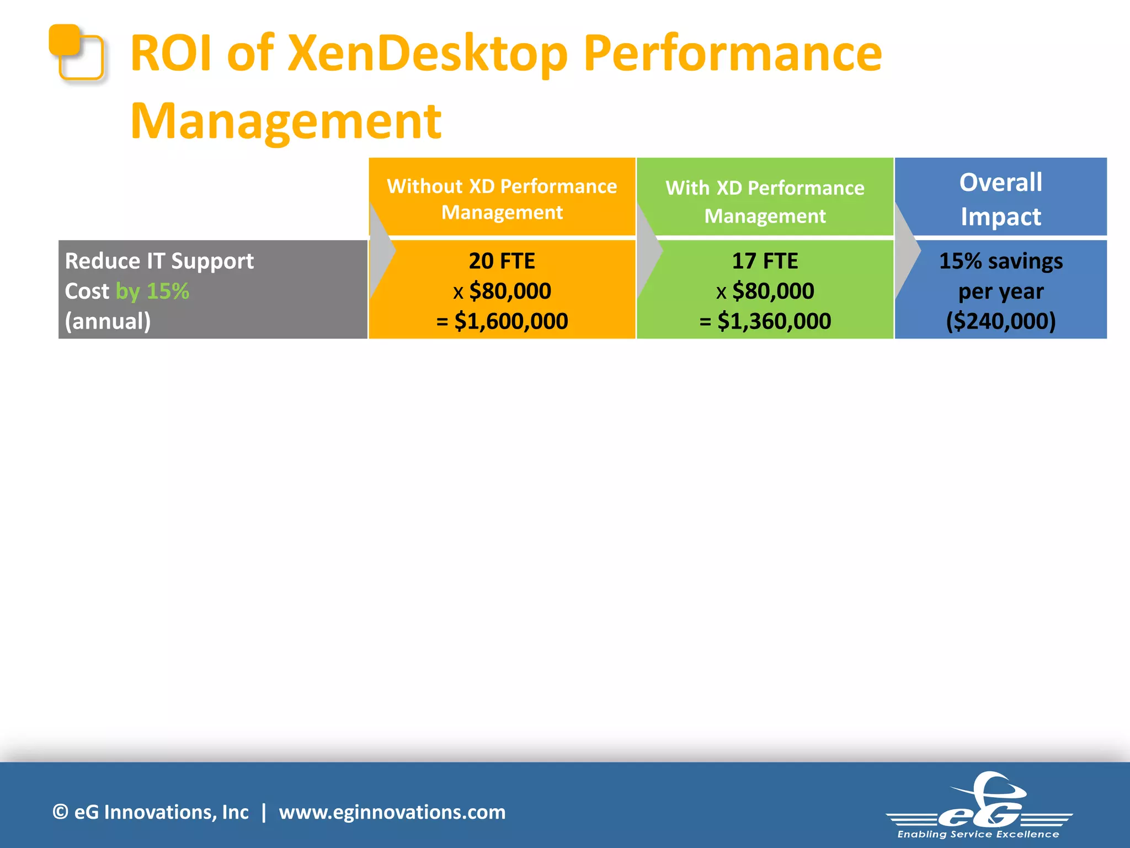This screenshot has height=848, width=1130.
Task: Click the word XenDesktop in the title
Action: [428, 54]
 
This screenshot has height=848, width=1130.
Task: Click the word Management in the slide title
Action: [286, 121]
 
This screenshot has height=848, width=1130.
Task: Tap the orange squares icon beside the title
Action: [76, 52]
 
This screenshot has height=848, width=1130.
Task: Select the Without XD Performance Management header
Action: [502, 199]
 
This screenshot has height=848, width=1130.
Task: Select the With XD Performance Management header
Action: [765, 202]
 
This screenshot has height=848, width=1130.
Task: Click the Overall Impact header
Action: [1000, 199]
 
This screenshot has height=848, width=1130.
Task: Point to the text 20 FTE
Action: [502, 261]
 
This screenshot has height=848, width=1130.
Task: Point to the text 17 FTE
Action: [765, 261]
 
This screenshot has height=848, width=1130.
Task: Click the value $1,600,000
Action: [511, 321]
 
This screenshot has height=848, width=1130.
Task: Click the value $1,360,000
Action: [774, 321]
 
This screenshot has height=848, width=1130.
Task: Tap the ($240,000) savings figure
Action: [1000, 321]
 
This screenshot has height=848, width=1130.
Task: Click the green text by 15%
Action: [152, 291]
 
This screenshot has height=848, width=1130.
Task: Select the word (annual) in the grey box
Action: [108, 321]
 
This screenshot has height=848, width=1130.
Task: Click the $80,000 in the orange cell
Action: [510, 291]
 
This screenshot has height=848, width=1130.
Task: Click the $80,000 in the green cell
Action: [773, 291]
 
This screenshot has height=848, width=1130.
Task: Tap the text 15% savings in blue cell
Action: [1000, 261]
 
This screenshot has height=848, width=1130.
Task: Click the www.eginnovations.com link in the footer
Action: [392, 812]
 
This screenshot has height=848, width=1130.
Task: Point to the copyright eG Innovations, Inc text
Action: [151, 812]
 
